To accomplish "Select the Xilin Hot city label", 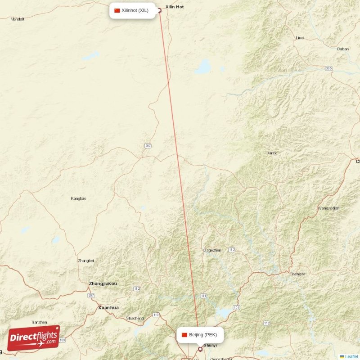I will point(175,7).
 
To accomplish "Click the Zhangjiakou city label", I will point(103,283).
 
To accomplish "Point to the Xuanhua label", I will point(108,308).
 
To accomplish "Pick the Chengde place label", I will point(297,274).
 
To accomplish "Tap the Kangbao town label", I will point(78,198).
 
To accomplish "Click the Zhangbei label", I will point(86,261).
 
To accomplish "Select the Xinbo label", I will point(272,153).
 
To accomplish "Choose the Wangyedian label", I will point(328,208).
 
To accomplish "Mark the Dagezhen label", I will point(212,250).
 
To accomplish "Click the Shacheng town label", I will point(135,318).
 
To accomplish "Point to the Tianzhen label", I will point(39,322).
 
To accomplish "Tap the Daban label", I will point(343,49).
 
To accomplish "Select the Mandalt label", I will point(17,19).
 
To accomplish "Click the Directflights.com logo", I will point(34,338).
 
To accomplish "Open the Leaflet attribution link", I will point(351,356).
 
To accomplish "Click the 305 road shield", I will point(329,68).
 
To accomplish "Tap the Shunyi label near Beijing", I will point(210,346).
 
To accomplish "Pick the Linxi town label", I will point(300,38).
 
